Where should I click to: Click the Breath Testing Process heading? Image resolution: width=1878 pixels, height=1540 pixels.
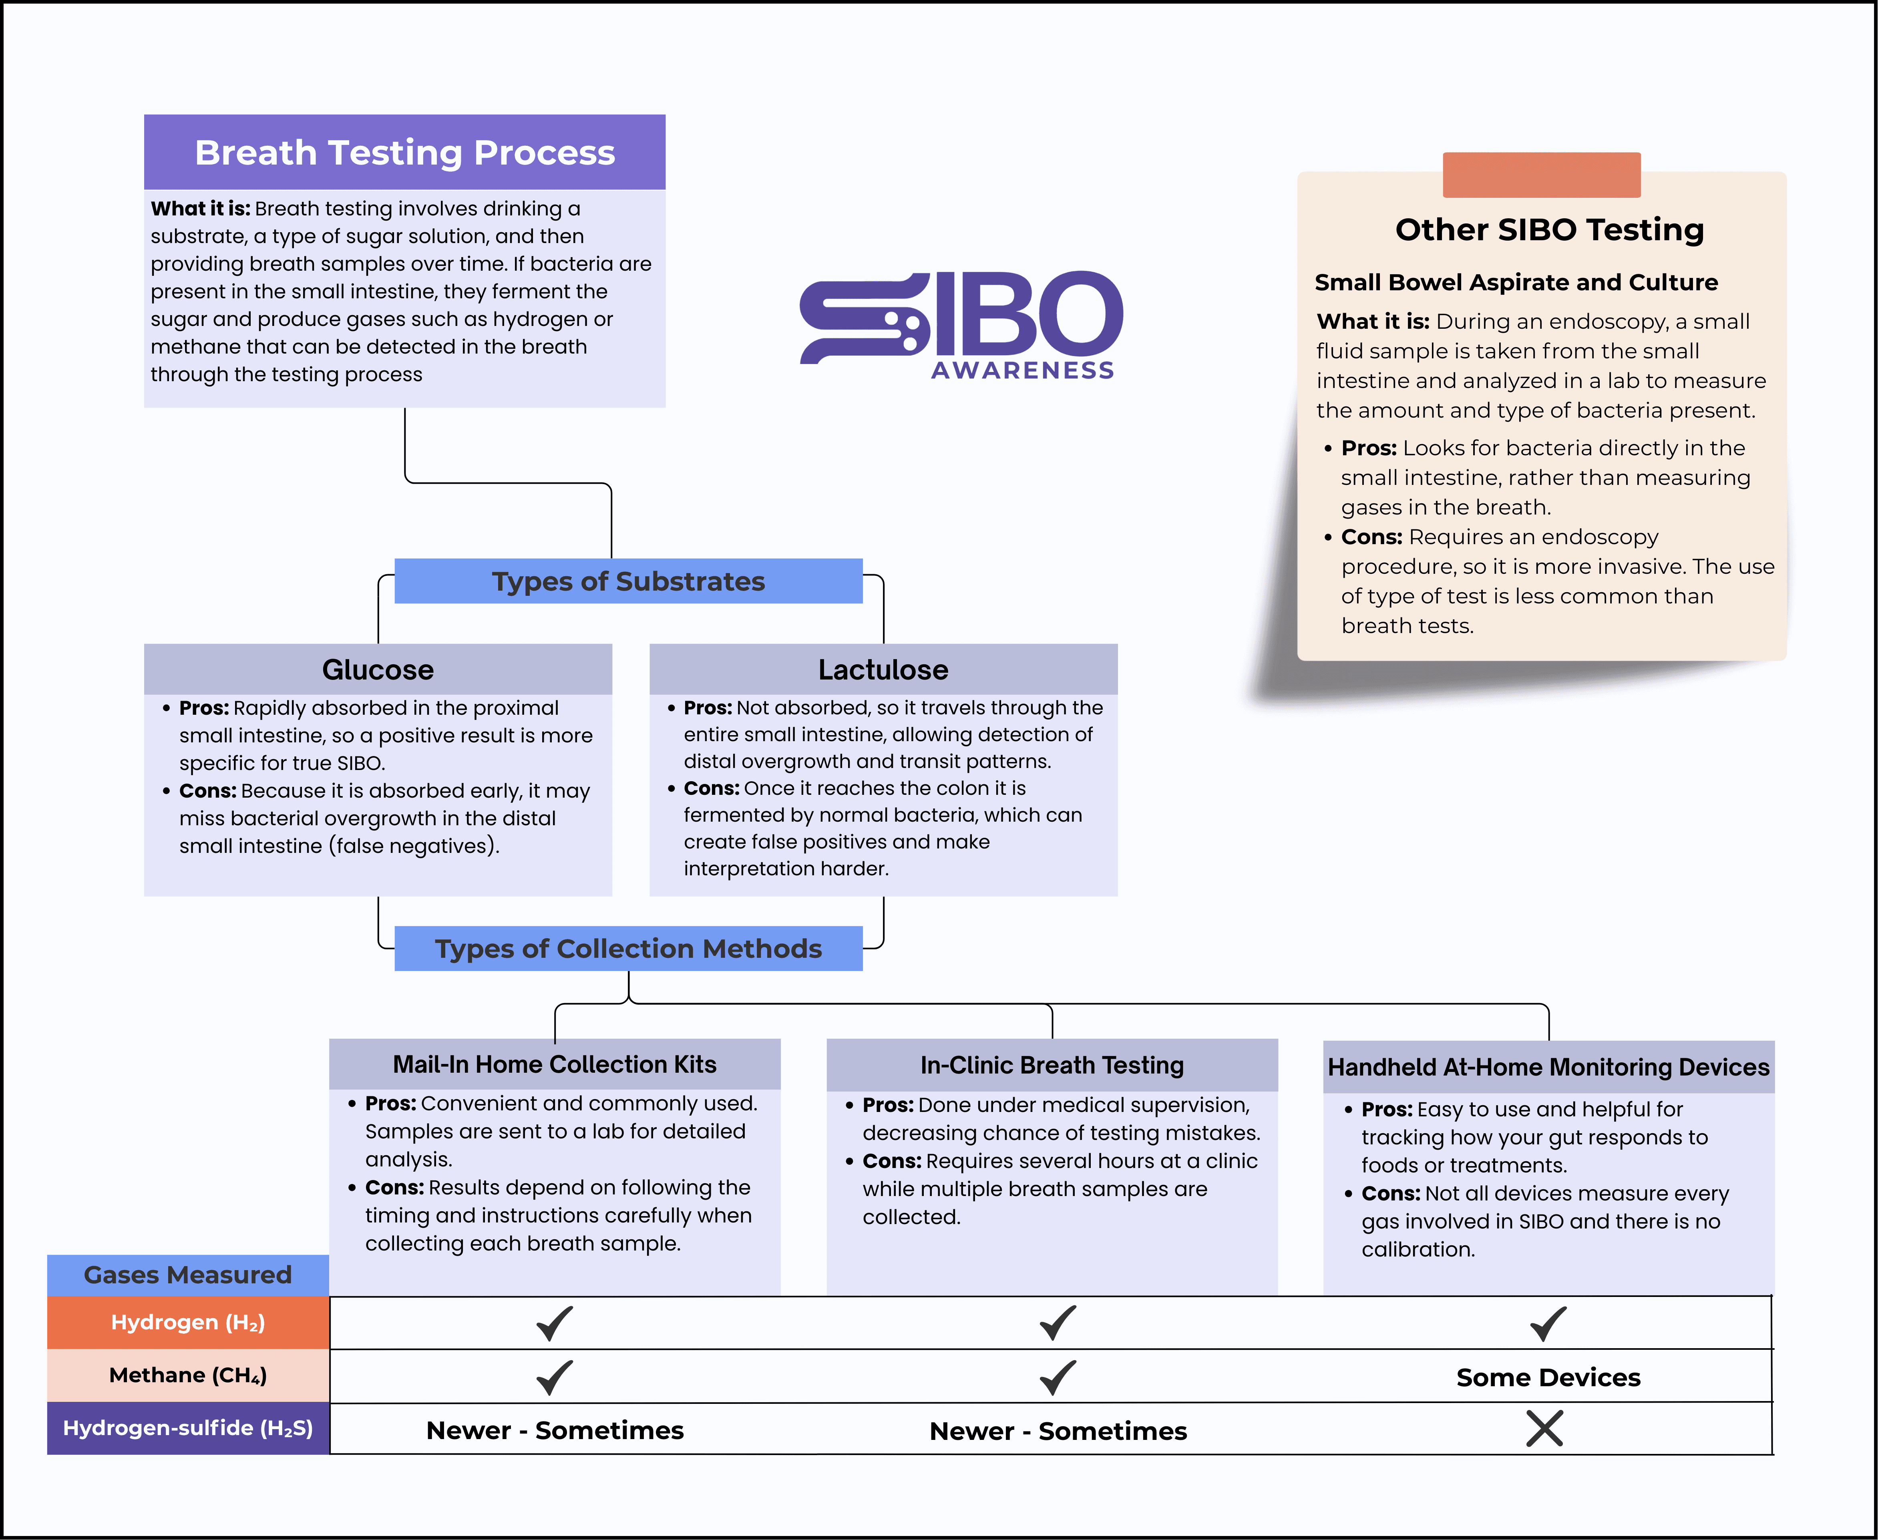point(404,153)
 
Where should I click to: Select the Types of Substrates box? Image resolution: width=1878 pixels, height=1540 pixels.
point(628,581)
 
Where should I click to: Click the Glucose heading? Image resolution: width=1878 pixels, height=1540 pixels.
point(378,670)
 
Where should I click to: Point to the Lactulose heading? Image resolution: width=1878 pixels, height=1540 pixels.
point(883,670)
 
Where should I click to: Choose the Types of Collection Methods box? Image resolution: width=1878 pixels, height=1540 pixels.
point(628,948)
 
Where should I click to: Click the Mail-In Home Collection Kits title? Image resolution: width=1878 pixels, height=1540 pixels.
point(555,1065)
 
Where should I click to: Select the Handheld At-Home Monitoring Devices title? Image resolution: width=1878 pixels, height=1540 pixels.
point(1548,1067)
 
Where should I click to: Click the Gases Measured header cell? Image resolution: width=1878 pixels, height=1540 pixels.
point(187,1275)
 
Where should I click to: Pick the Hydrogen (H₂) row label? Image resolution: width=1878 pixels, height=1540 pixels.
point(187,1323)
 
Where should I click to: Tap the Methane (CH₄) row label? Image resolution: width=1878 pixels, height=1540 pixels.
point(187,1375)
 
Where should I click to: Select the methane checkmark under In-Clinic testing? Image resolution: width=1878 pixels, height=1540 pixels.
point(1058,1377)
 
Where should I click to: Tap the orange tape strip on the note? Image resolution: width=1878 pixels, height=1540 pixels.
point(1541,175)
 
